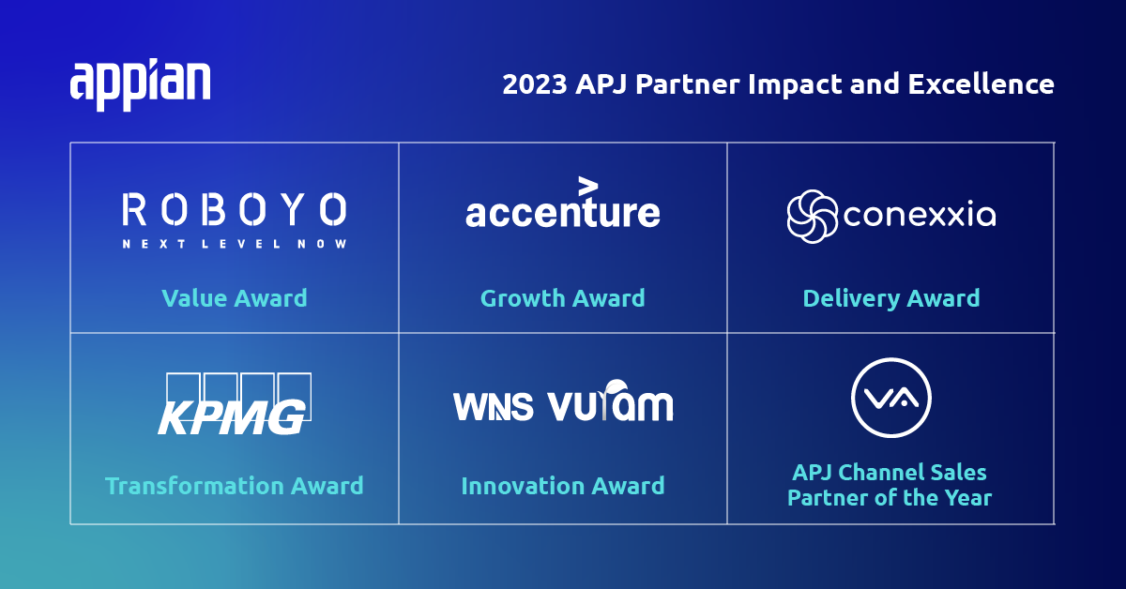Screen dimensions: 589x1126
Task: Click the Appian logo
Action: pos(140,85)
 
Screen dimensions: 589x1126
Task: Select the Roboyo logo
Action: pos(235,209)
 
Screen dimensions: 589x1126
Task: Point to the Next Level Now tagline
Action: pos(235,244)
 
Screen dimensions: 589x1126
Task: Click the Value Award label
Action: pos(235,298)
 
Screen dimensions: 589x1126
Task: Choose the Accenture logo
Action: pos(563,211)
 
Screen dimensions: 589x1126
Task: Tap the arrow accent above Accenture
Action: pos(587,185)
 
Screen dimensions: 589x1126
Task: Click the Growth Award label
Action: pos(563,298)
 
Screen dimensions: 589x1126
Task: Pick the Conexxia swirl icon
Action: pos(813,216)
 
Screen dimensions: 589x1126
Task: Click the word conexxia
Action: pos(920,217)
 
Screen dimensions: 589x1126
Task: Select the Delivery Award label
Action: pos(891,298)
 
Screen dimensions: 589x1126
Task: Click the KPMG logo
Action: pos(234,405)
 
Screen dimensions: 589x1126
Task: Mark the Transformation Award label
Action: pos(235,486)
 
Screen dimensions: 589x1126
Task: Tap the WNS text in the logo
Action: pos(494,406)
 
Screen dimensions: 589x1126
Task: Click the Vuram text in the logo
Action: pos(610,403)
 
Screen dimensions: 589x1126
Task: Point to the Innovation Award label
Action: pos(563,486)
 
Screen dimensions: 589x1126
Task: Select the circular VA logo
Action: pos(890,398)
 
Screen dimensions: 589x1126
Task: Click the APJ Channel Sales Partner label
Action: pos(890,484)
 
